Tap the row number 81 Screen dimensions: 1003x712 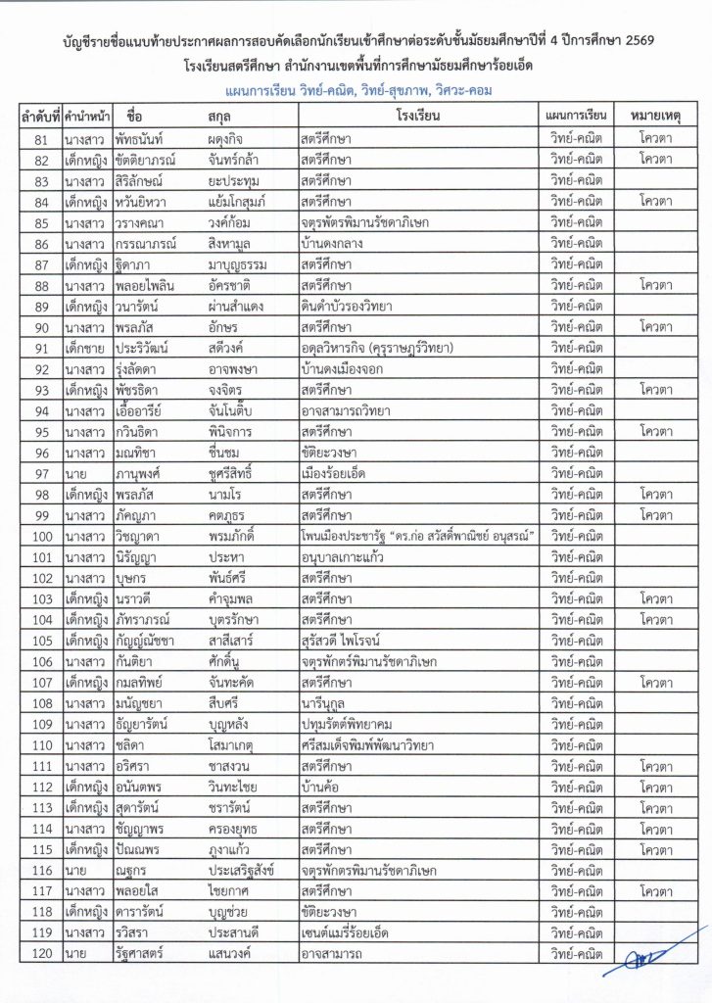[41, 139]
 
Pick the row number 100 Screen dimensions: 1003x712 [41, 536]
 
